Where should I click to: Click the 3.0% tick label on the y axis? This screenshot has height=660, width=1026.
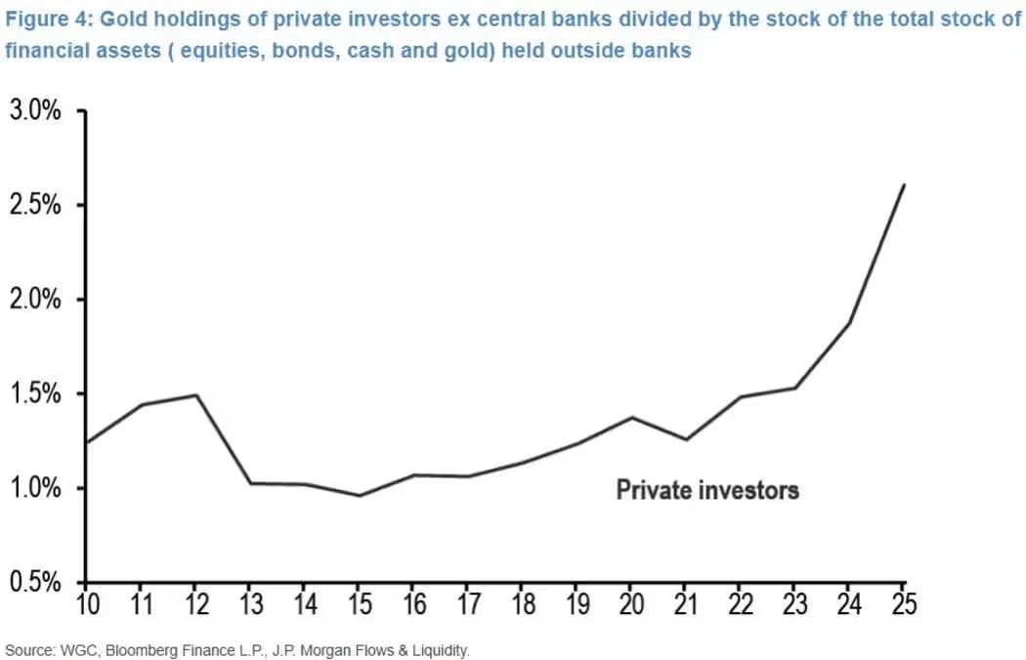click(35, 110)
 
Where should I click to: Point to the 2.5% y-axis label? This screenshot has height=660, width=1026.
click(35, 205)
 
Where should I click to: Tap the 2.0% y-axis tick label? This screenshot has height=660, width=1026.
click(35, 300)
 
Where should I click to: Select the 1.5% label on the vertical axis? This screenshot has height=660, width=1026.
click(35, 394)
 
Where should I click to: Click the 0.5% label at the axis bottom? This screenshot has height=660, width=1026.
click(35, 583)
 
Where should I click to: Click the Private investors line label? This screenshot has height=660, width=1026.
click(707, 489)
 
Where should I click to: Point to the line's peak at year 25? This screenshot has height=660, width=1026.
click(904, 185)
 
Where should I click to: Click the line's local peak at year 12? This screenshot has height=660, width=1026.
click(197, 395)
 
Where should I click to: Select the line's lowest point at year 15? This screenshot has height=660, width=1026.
click(361, 496)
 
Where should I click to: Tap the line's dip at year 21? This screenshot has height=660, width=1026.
click(687, 440)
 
